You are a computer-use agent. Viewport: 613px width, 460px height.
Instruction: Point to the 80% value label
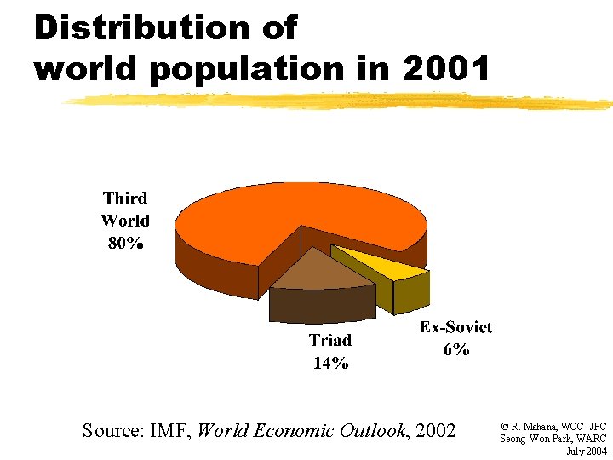pyautogui.click(x=125, y=243)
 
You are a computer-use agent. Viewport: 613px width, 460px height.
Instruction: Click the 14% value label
pyautogui.click(x=330, y=363)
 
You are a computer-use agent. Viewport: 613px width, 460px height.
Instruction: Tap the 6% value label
pyautogui.click(x=455, y=349)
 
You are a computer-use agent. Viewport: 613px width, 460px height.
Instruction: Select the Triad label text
pyautogui.click(x=330, y=341)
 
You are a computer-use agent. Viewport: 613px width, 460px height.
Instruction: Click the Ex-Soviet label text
pyautogui.click(x=455, y=327)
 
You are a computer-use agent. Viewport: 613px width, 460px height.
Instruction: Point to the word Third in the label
pyautogui.click(x=125, y=198)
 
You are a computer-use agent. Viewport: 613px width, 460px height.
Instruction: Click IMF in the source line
pyautogui.click(x=172, y=430)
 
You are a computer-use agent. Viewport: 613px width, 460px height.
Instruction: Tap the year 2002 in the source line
pyautogui.click(x=436, y=430)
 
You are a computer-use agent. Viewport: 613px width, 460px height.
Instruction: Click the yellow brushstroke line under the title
pyautogui.click(x=341, y=101)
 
